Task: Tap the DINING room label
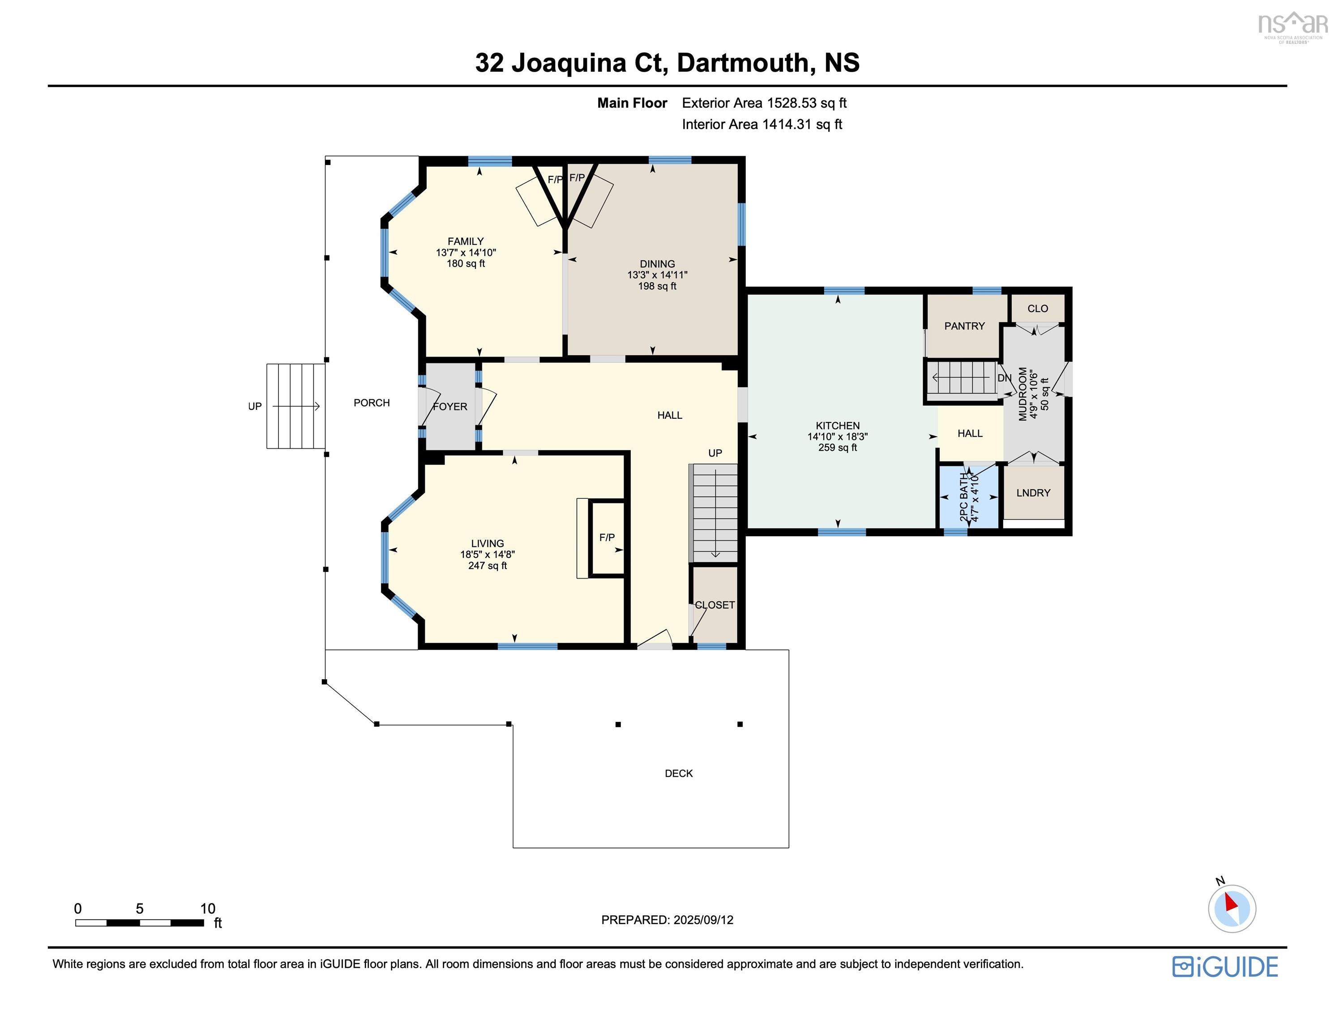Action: pyautogui.click(x=657, y=264)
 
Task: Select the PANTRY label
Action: pyautogui.click(x=964, y=326)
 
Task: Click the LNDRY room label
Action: pyautogui.click(x=1033, y=493)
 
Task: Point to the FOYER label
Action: pyautogui.click(x=450, y=406)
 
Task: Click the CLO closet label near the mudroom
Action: pyautogui.click(x=1037, y=309)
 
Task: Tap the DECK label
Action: pyautogui.click(x=679, y=773)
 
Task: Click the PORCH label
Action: pyautogui.click(x=371, y=403)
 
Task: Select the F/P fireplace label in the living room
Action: pyautogui.click(x=606, y=537)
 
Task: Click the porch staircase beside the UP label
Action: pyautogui.click(x=295, y=406)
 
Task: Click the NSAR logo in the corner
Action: pyautogui.click(x=1292, y=26)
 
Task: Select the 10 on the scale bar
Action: pyautogui.click(x=207, y=908)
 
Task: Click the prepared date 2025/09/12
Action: pyautogui.click(x=703, y=920)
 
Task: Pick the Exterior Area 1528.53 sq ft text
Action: pyautogui.click(x=764, y=102)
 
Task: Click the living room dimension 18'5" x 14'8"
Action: pyautogui.click(x=487, y=554)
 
